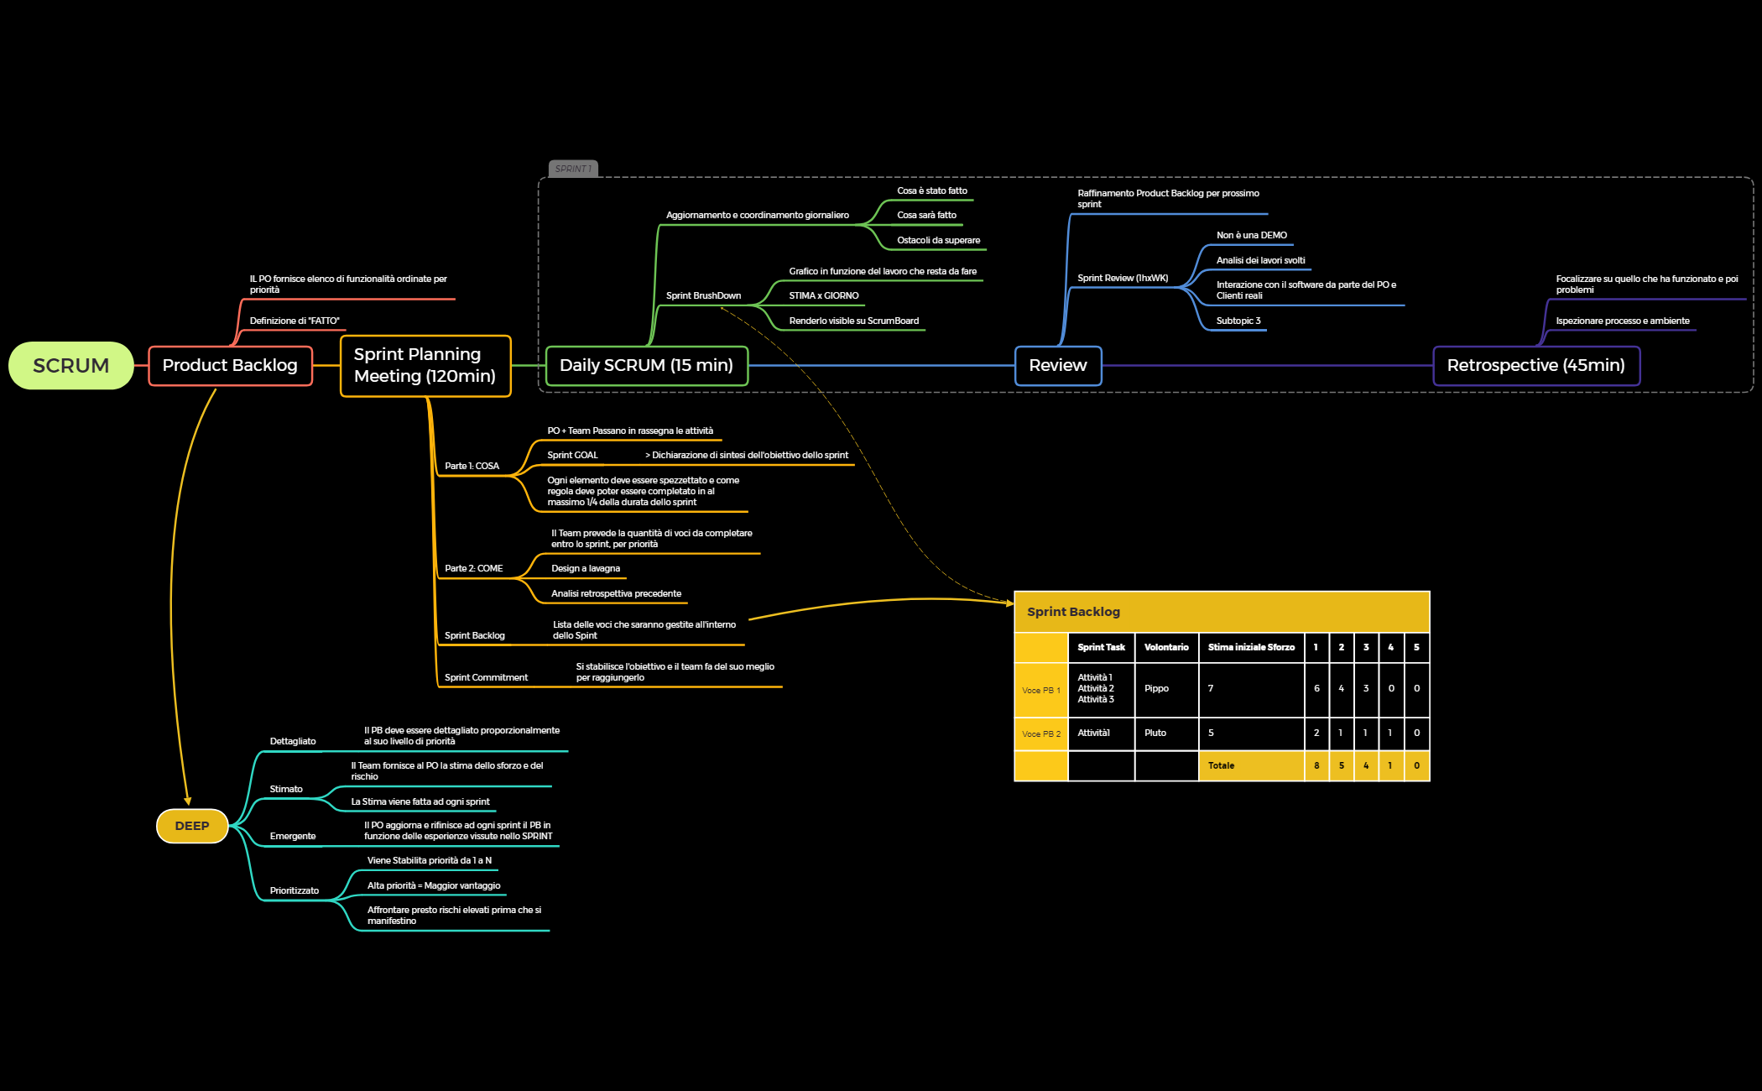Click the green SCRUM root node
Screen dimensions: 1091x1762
(x=71, y=366)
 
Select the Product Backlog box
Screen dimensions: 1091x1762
(x=230, y=366)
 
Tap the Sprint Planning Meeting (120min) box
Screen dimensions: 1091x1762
(x=425, y=366)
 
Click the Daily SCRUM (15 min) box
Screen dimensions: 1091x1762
(x=646, y=366)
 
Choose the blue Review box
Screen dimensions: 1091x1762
(x=1057, y=366)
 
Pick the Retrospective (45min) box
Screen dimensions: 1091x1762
(x=1535, y=366)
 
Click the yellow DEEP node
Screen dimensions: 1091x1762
(x=192, y=826)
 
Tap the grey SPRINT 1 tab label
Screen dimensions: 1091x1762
(x=573, y=169)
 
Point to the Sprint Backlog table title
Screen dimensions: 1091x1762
(x=1073, y=612)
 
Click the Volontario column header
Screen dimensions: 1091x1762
(x=1166, y=647)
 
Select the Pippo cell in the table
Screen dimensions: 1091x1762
(x=1156, y=688)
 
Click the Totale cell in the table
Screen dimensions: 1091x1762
(x=1221, y=765)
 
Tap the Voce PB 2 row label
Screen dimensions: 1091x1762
(x=1040, y=733)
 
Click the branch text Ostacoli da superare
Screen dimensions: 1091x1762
(x=938, y=240)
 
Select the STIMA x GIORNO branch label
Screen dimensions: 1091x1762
(x=823, y=295)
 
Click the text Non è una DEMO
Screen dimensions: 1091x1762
(x=1251, y=235)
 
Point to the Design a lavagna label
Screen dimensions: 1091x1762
(x=586, y=568)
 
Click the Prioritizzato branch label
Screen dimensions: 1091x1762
(x=295, y=890)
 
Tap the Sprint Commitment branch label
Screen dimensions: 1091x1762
(x=486, y=677)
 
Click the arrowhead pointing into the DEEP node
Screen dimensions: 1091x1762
(x=188, y=801)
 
